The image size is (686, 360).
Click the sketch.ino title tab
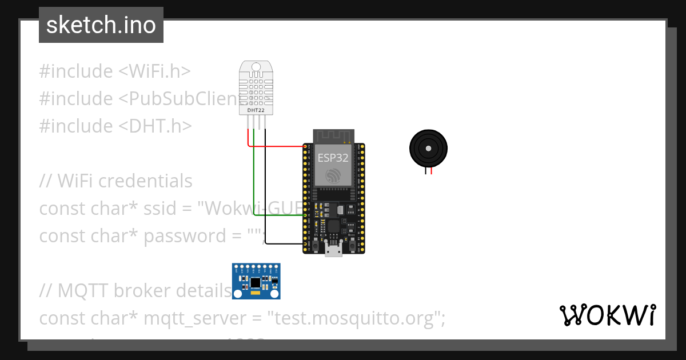coord(101,25)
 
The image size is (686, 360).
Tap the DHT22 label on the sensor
coord(256,109)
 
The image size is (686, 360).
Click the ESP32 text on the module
coord(333,158)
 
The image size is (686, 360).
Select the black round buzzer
coord(428,148)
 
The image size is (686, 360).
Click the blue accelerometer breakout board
coord(256,282)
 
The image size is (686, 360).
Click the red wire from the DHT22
coord(274,146)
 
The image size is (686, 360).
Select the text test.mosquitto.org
coord(356,318)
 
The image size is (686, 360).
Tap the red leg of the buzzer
coord(432,169)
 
